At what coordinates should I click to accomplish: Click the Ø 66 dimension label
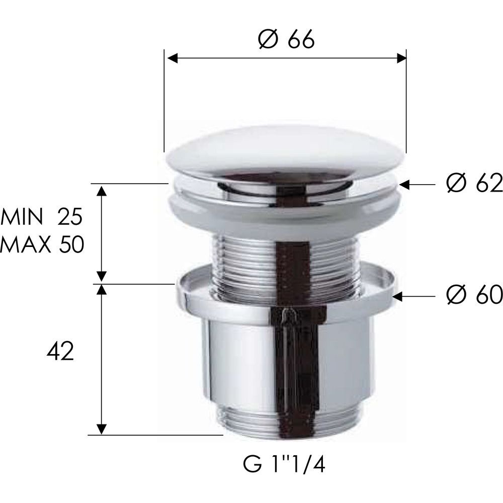point(286,40)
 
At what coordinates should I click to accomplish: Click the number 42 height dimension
point(60,351)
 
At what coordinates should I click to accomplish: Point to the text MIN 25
point(42,216)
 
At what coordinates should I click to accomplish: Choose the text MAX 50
point(42,244)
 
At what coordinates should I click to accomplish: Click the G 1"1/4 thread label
point(284,465)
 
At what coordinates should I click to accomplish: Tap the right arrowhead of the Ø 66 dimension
point(401,58)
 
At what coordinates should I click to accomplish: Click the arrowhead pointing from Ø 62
point(404,185)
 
